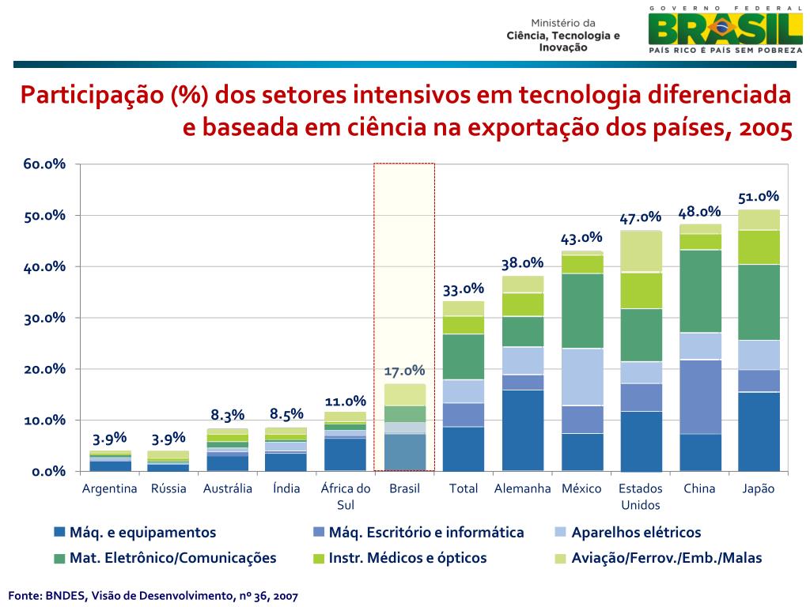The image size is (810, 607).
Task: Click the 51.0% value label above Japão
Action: [759, 197]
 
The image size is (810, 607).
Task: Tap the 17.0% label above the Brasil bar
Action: [404, 371]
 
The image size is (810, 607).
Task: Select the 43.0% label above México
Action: [581, 238]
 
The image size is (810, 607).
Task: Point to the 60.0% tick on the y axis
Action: [44, 164]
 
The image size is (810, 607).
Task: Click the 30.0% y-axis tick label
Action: [44, 318]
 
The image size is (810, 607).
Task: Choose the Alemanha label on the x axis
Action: [522, 488]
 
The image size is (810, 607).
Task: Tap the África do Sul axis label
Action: [346, 496]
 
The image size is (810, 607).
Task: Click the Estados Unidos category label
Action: [641, 496]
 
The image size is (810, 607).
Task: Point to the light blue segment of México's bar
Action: [581, 376]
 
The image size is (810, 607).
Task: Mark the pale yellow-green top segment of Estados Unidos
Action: [641, 251]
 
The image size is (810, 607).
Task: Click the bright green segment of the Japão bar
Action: [759, 247]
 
